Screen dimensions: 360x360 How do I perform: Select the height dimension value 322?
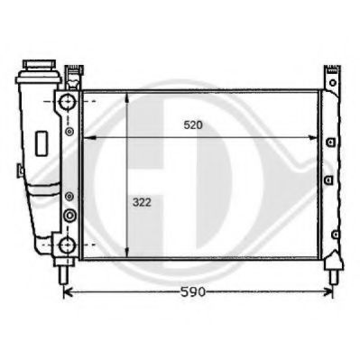(x=140, y=205)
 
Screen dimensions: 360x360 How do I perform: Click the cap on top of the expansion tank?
(x=39, y=68)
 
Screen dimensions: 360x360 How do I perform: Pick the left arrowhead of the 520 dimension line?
(x=87, y=138)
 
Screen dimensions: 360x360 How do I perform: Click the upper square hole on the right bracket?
(x=331, y=143)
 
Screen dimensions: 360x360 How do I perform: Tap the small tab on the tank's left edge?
(x=18, y=169)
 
